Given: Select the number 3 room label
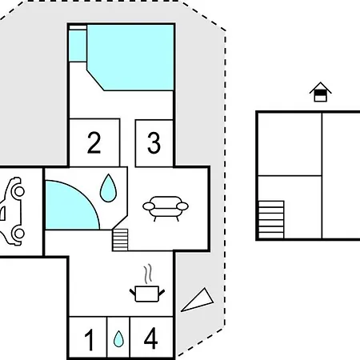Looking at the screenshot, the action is (x=154, y=143).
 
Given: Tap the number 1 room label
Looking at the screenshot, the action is (x=90, y=340).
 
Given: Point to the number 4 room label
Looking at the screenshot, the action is (x=150, y=338).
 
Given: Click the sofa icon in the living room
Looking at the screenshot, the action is (x=166, y=209).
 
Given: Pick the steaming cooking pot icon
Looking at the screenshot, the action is (x=147, y=283).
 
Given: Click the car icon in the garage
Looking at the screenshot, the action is (x=12, y=211).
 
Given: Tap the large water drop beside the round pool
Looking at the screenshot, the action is (x=108, y=188).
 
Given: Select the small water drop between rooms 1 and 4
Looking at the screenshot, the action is (x=118, y=338).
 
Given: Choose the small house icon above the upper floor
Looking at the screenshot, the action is (x=320, y=92).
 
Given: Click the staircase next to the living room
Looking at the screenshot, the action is (x=120, y=240).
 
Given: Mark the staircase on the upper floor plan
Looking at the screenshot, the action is (x=271, y=220).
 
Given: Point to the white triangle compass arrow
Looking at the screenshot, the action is (x=198, y=300).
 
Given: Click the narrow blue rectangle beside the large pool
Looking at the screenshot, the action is (x=78, y=46).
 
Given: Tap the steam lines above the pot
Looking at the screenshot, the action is (x=149, y=274).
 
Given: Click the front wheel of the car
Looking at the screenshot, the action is (x=19, y=191).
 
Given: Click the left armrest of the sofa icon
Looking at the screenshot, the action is (x=149, y=206).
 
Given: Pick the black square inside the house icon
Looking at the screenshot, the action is (x=320, y=93).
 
